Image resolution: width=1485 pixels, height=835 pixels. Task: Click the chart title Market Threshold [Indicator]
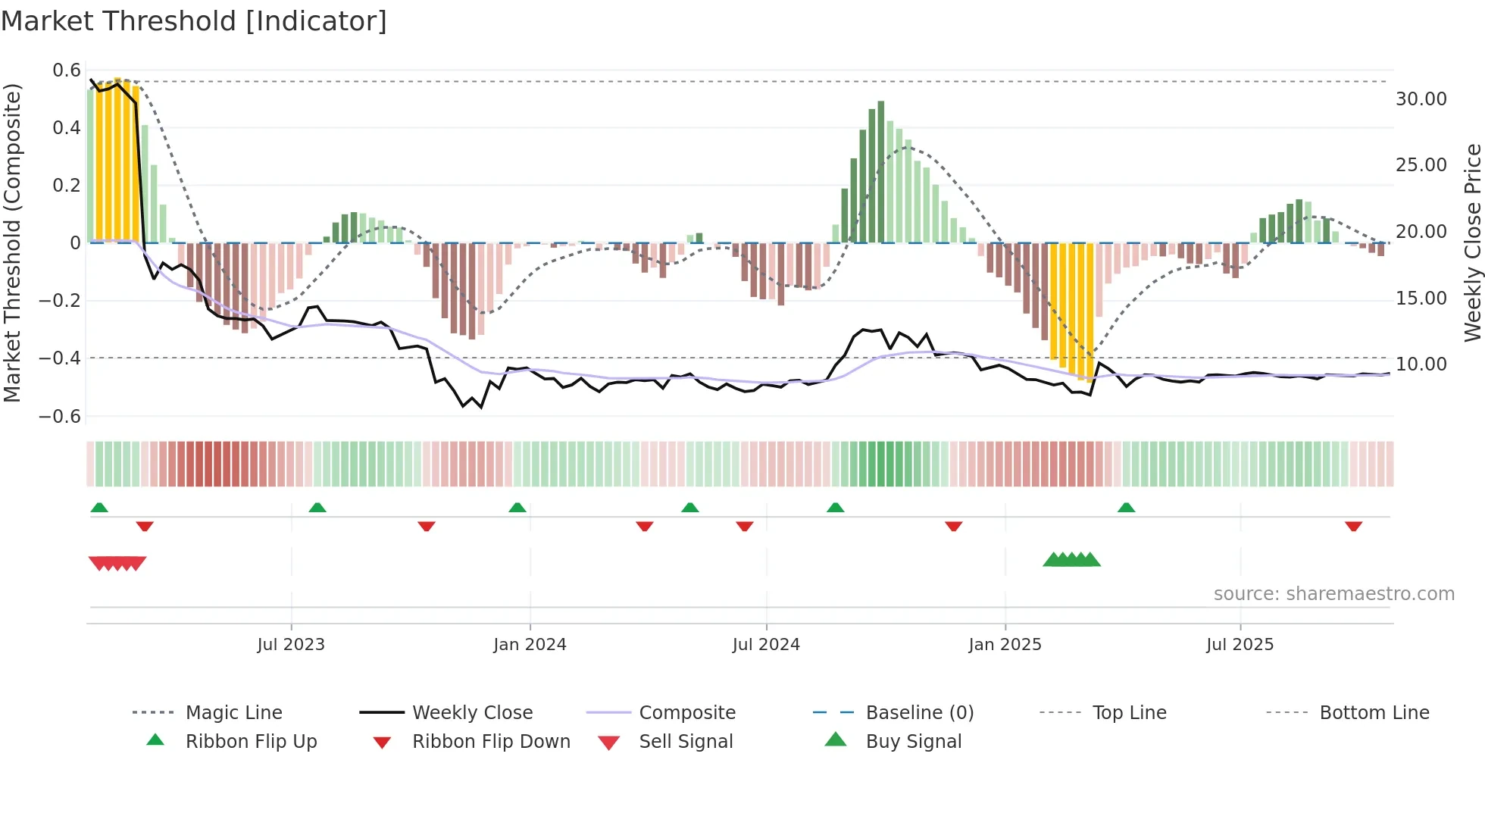(x=194, y=21)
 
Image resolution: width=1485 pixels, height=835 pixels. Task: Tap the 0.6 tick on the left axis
(x=67, y=70)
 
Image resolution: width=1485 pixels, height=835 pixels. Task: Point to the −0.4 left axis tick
(x=60, y=358)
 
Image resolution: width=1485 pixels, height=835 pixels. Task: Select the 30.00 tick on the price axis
(x=1421, y=99)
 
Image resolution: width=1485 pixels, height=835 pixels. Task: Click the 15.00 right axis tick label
(x=1421, y=299)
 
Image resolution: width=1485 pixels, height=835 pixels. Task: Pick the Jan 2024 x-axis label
(x=530, y=645)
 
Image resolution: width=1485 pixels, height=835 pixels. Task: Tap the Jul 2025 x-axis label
(x=1240, y=645)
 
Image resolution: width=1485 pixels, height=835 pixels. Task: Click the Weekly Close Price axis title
(x=1472, y=242)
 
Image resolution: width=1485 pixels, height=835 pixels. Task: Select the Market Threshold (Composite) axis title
(x=12, y=242)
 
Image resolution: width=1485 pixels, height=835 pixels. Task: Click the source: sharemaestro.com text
(x=1333, y=594)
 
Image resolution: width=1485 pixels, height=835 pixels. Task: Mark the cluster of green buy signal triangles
(x=1071, y=560)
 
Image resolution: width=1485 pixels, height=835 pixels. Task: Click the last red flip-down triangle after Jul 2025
(x=1353, y=526)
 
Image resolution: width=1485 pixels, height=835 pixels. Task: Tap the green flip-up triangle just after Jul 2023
(x=317, y=508)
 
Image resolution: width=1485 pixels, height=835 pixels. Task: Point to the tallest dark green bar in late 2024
(x=880, y=172)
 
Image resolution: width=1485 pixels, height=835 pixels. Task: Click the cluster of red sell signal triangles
(x=117, y=563)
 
